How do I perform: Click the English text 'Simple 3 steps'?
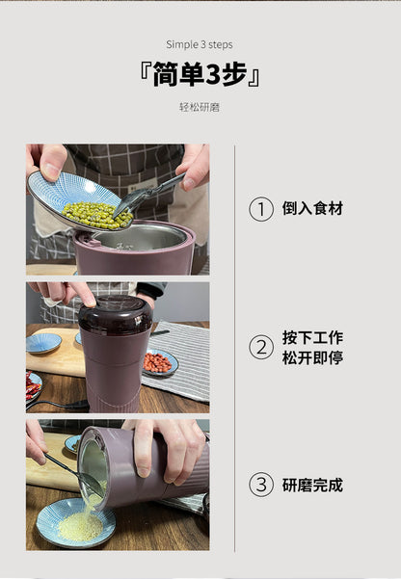click(200, 44)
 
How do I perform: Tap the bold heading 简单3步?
click(200, 75)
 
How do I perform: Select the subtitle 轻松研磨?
click(200, 107)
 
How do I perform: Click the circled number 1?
click(260, 209)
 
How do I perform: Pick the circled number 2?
click(260, 347)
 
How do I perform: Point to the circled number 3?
click(260, 486)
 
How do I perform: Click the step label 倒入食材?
click(312, 209)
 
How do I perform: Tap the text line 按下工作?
click(312, 337)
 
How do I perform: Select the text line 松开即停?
click(312, 358)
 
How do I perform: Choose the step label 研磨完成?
click(312, 486)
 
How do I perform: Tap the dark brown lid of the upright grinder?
click(115, 313)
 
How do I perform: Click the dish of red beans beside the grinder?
click(158, 363)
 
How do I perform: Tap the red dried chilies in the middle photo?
click(32, 388)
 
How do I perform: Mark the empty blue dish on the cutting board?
click(44, 342)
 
